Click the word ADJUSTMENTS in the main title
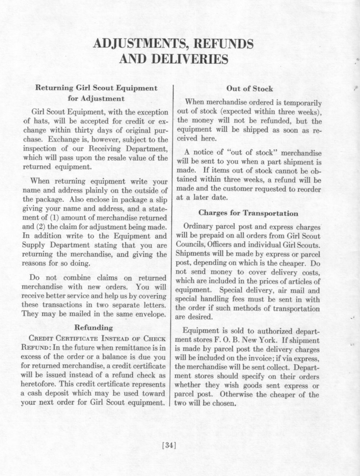pyautogui.click(x=138, y=43)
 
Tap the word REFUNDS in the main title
pyautogui.click(x=224, y=43)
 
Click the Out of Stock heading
pyautogui.click(x=249, y=89)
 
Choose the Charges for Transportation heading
pyautogui.click(x=249, y=213)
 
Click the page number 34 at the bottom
pyautogui.click(x=169, y=445)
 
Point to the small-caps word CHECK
pyautogui.click(x=154, y=339)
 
